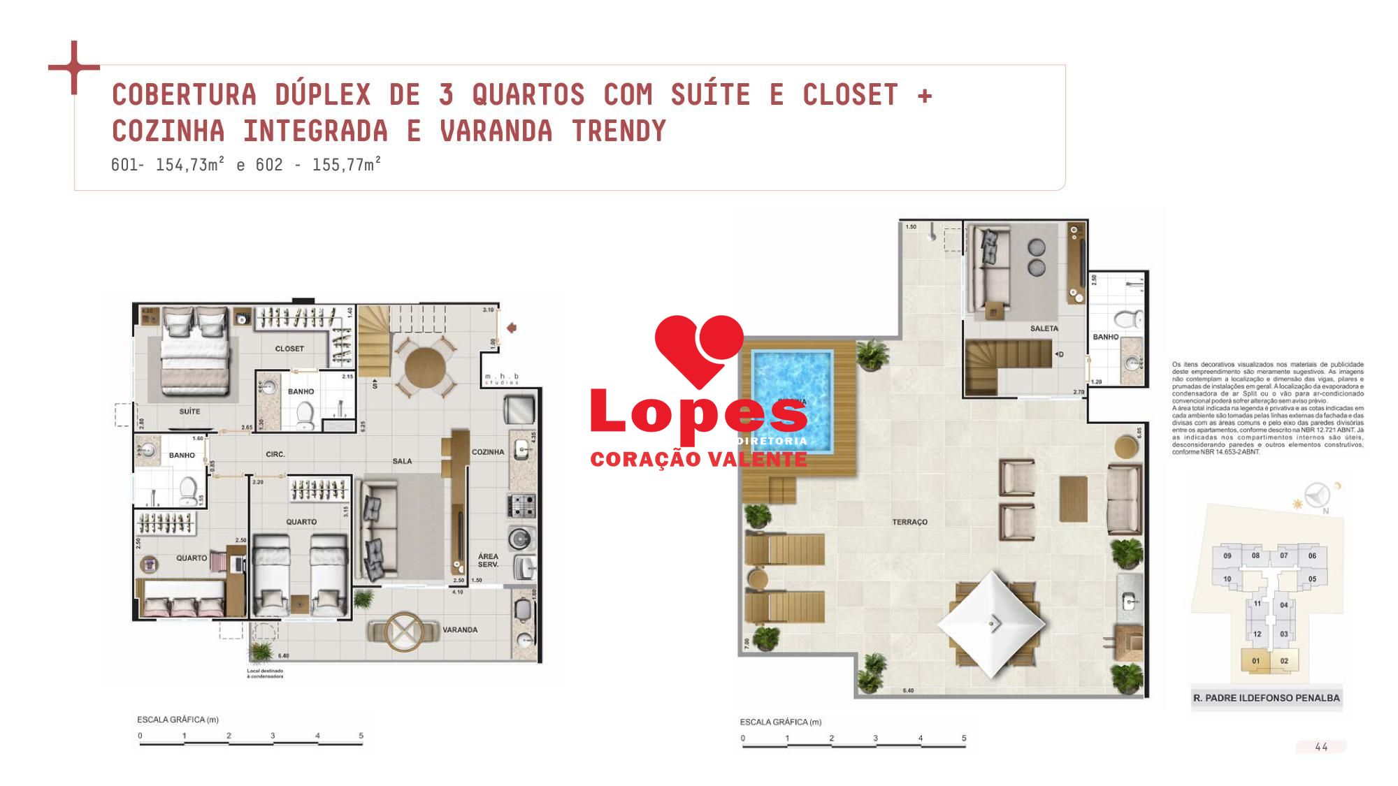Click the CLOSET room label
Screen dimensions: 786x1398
pyautogui.click(x=289, y=349)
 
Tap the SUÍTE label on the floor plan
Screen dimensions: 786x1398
pyautogui.click(x=189, y=412)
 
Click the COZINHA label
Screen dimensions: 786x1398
pyautogui.click(x=488, y=452)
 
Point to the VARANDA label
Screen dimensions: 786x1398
pyautogui.click(x=460, y=629)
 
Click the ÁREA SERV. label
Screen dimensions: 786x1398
pyautogui.click(x=488, y=560)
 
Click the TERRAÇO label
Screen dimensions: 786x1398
pyautogui.click(x=909, y=522)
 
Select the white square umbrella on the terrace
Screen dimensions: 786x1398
pyautogui.click(x=991, y=623)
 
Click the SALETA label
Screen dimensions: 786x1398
pyautogui.click(x=1044, y=328)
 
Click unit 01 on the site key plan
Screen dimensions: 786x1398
pyautogui.click(x=1256, y=661)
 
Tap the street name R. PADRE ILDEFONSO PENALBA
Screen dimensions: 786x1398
pyautogui.click(x=1266, y=697)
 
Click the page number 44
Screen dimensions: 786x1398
pyautogui.click(x=1321, y=747)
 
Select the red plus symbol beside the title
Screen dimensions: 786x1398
pyautogui.click(x=74, y=68)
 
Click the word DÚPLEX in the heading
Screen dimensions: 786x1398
pyautogui.click(x=322, y=95)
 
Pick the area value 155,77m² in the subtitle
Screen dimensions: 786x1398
pyautogui.click(x=347, y=165)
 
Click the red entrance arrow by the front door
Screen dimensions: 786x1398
pyautogui.click(x=512, y=327)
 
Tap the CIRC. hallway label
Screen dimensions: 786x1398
pyautogui.click(x=275, y=454)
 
